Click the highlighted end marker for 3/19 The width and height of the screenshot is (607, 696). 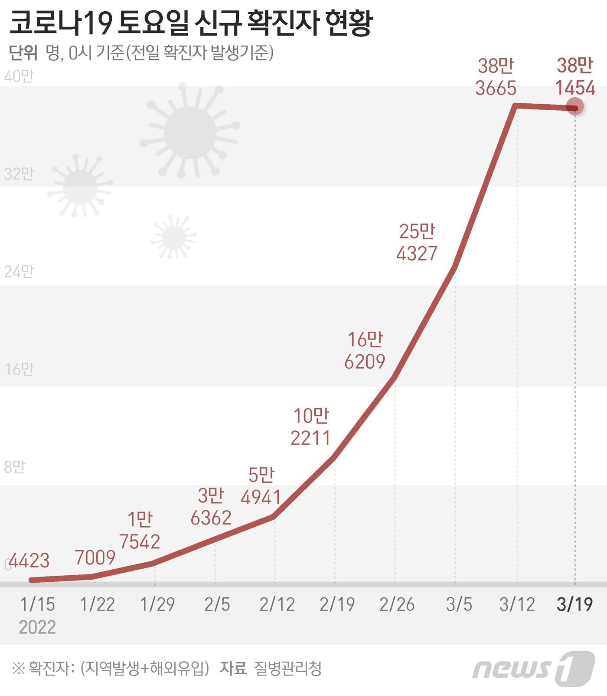(x=575, y=108)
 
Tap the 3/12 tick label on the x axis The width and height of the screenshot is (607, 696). (x=517, y=604)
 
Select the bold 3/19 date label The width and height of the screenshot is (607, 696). (x=574, y=604)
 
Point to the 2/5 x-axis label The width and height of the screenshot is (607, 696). (x=217, y=604)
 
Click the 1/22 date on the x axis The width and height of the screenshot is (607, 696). (x=98, y=604)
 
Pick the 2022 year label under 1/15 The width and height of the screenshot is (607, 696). (x=37, y=627)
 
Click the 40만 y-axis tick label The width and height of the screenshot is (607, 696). (x=19, y=77)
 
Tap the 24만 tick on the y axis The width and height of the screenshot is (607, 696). (x=19, y=272)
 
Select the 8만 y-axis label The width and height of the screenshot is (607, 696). (x=14, y=467)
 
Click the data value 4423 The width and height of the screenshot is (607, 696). (x=29, y=561)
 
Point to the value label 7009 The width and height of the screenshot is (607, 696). (x=95, y=557)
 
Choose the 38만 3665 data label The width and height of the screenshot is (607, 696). (x=496, y=77)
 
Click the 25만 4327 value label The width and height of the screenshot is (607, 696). (x=417, y=242)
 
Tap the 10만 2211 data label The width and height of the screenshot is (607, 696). (x=310, y=427)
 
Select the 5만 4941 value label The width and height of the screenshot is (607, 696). (x=261, y=486)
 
